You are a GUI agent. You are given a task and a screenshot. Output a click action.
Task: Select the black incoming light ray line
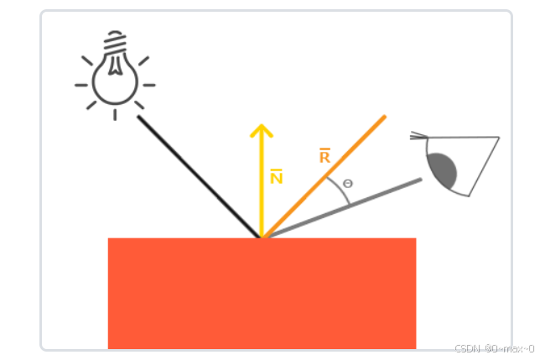[198, 176]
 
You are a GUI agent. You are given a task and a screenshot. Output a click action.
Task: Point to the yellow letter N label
[276, 177]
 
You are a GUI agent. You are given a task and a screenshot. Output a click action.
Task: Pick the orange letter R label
[324, 156]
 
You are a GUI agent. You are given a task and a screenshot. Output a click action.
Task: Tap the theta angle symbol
[348, 183]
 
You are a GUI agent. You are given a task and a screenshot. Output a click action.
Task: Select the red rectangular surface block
[262, 294]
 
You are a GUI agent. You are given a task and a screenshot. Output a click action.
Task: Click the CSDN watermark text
[494, 348]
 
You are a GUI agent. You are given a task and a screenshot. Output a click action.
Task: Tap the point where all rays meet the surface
[262, 238]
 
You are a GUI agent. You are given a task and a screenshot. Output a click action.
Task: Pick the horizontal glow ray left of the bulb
[81, 85]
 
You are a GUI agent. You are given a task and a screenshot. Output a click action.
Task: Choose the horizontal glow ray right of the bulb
[148, 85]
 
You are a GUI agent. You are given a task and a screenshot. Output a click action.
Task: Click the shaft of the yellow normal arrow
[262, 193]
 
